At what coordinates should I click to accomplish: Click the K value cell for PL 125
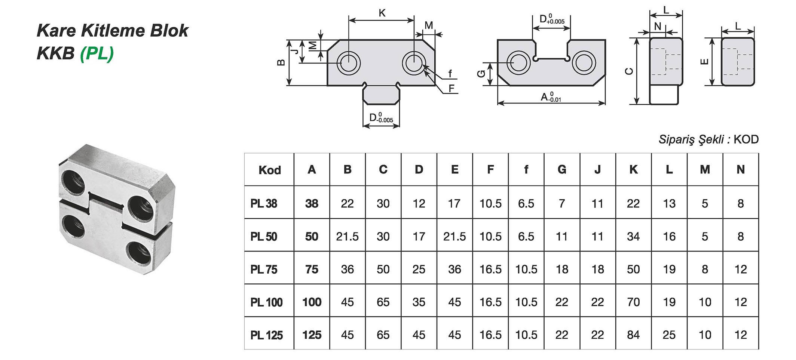coord(633,335)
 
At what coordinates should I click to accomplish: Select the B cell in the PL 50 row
coord(347,236)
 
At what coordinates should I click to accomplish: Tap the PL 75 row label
coord(264,269)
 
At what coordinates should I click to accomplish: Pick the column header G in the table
coord(561,170)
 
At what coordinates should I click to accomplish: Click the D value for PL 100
coord(419,302)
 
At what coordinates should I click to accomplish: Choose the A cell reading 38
coord(312,203)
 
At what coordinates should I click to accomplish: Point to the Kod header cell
coord(269,170)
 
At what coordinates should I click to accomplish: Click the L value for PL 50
coord(669,236)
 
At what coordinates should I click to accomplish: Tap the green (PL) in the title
coord(97,53)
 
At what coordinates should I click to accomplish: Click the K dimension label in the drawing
coord(382,13)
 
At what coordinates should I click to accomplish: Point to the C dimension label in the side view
coord(629,71)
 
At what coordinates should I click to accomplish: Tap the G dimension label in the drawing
coord(481,74)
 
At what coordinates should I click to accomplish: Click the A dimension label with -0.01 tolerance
coord(550,97)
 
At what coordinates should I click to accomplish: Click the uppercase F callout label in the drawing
coord(451,89)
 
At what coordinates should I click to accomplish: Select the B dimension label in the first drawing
coord(281,62)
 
